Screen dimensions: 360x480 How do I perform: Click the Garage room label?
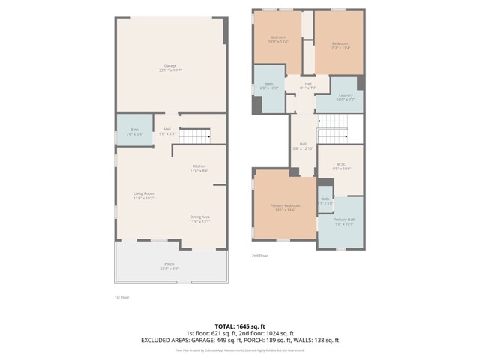[170, 67]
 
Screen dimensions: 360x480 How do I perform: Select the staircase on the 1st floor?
[196, 135]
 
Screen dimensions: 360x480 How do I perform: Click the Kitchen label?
[199, 168]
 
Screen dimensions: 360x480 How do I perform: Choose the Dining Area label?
[199, 219]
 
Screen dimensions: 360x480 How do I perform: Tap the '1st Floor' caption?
[122, 297]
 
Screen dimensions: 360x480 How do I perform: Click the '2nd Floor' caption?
[259, 256]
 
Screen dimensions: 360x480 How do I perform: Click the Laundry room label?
[345, 97]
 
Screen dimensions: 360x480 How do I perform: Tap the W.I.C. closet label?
[341, 166]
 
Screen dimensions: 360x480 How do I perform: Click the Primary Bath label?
[345, 221]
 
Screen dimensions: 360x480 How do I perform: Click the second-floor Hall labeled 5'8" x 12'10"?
[303, 146]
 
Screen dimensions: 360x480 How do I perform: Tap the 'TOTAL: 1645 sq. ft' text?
[240, 325]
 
